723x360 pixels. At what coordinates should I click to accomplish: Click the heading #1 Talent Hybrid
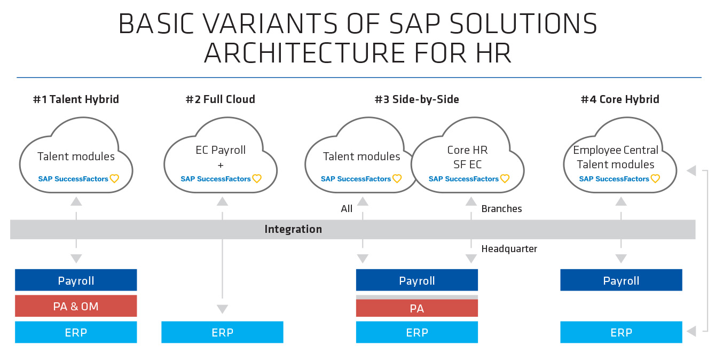coord(76,99)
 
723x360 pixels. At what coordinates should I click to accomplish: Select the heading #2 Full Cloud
coord(220,99)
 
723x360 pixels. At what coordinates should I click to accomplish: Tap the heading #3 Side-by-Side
coord(416,99)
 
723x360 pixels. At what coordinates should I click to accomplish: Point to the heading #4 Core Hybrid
coord(619,99)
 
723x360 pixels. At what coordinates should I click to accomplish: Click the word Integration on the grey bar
coord(293,229)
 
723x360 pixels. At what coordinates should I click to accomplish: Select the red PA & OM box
coord(76,306)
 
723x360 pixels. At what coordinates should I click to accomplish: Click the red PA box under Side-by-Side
coord(416,308)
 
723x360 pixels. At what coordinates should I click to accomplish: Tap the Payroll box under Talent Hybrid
coord(76,280)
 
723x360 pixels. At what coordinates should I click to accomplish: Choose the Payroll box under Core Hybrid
coord(621,280)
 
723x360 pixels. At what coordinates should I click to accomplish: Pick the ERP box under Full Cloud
coord(222,332)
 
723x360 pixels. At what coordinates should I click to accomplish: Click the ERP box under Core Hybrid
coord(621,332)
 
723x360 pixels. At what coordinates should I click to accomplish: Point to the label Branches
coord(501,209)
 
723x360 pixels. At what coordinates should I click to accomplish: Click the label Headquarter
coord(509,249)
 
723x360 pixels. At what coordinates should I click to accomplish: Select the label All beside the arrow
coord(347,209)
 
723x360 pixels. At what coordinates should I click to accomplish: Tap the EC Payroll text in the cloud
coord(221,150)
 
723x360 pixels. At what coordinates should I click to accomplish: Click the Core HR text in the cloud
coord(467,150)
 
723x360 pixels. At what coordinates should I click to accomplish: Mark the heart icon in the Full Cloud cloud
coord(257,179)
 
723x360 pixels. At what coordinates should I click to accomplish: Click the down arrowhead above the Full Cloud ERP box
coord(222,309)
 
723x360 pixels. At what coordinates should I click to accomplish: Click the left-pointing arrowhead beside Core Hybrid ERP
coord(691,332)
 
